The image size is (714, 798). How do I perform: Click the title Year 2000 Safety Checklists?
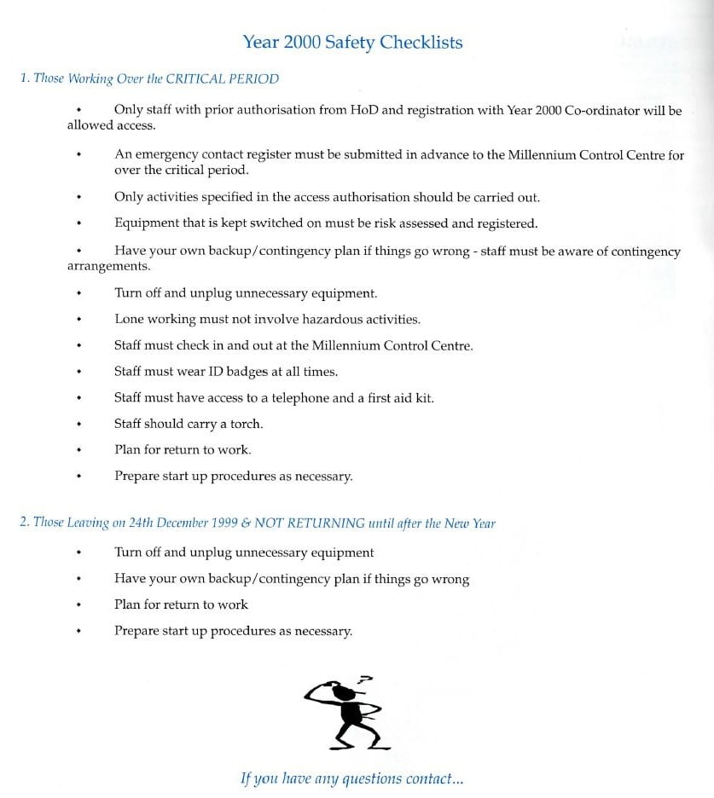[x=352, y=43]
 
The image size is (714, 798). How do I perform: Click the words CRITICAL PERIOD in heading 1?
[x=222, y=78]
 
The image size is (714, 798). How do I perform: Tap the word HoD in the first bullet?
[x=364, y=111]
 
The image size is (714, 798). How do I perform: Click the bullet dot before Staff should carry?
[x=78, y=424]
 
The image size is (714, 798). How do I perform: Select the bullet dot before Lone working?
[x=78, y=320]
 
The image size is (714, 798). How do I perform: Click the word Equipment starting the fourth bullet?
[x=147, y=224]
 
